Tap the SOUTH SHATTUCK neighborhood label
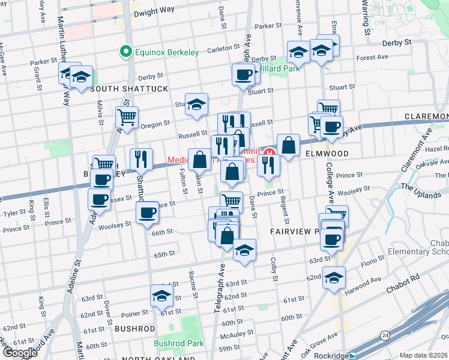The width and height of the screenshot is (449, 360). [129, 89]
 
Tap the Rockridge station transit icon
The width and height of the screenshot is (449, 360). [355, 355]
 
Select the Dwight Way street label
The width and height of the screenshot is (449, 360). [154, 11]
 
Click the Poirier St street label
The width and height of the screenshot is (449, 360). [131, 313]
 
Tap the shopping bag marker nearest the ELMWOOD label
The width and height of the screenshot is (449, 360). [288, 145]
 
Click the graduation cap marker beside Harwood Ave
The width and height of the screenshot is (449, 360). [334, 278]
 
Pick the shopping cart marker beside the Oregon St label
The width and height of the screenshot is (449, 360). [127, 118]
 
